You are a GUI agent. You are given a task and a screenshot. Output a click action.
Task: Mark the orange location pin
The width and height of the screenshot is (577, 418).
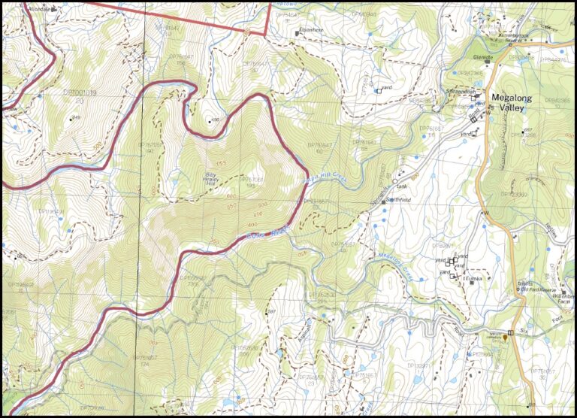tap(505, 338)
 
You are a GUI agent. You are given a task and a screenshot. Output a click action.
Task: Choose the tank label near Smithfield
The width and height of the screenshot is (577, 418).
tap(400, 186)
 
